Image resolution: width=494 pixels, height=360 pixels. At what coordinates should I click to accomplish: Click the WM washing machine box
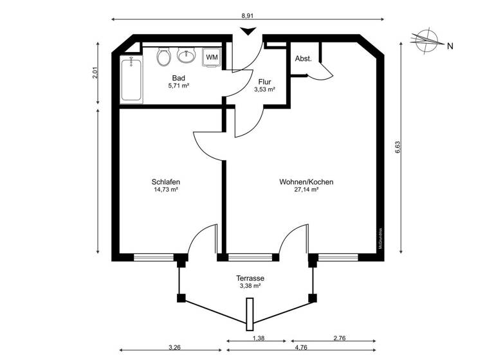[211, 57]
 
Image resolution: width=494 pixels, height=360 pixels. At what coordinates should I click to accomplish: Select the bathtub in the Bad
[131, 78]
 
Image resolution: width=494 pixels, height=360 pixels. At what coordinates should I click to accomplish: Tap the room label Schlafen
[166, 182]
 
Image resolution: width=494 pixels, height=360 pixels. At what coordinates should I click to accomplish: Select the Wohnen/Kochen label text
[306, 182]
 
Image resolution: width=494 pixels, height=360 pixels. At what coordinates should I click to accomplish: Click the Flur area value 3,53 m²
[264, 90]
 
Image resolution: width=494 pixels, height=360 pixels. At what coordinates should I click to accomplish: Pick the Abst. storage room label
[303, 59]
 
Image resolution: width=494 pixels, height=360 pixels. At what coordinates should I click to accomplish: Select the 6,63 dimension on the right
[398, 148]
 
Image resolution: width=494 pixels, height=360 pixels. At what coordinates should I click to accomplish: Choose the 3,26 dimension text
[174, 348]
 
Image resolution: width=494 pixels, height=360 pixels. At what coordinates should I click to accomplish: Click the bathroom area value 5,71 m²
[178, 85]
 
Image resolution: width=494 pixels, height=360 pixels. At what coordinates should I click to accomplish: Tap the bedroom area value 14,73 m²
[166, 190]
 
